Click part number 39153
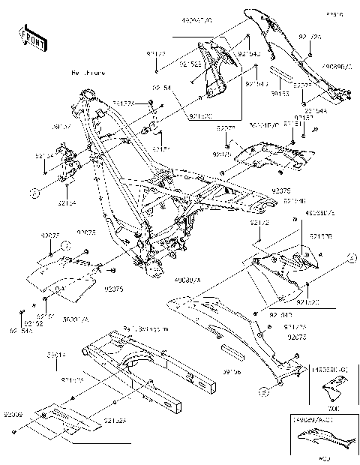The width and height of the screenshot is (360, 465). [280, 94]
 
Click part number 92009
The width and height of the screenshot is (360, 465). [13, 413]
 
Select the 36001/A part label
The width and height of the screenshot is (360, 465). [74, 319]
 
